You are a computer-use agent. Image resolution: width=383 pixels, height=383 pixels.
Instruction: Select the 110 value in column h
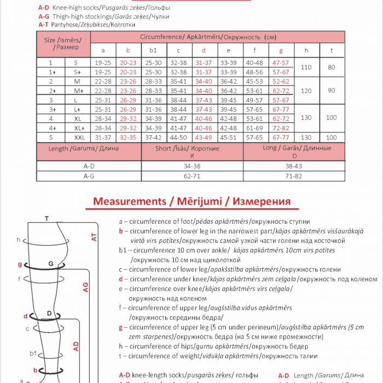(x=306, y=67)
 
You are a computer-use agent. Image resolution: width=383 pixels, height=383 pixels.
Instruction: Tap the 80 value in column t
(x=331, y=67)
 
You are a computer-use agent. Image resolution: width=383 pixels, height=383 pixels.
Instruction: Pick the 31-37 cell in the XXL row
(x=103, y=137)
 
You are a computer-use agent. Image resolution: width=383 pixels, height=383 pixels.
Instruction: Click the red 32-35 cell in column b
(x=128, y=137)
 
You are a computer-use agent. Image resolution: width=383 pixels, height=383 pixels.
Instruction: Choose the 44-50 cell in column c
(x=178, y=137)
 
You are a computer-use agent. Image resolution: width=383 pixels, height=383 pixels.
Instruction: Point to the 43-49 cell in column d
(x=204, y=137)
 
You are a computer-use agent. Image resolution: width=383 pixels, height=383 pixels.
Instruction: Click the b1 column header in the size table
(x=153, y=50)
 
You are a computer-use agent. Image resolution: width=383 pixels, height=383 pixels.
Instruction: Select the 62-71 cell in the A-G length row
(x=192, y=176)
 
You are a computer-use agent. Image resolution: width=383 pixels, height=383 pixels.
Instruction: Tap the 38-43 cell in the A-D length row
(x=294, y=166)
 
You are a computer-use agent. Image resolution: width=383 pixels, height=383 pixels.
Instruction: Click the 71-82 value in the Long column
(x=294, y=176)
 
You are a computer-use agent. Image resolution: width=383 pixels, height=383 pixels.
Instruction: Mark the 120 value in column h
(x=306, y=90)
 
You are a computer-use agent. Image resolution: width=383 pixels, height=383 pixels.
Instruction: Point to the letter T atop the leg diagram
(x=47, y=219)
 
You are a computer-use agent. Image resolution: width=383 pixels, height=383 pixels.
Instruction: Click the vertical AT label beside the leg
(x=94, y=236)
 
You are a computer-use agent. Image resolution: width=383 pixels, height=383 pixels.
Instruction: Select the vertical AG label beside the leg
(x=85, y=287)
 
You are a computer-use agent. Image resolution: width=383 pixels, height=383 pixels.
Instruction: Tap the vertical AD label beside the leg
(x=76, y=346)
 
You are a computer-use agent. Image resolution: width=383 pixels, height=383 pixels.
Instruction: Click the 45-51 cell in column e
(x=228, y=137)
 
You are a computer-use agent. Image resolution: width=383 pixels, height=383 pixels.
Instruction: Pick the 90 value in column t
(x=331, y=90)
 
